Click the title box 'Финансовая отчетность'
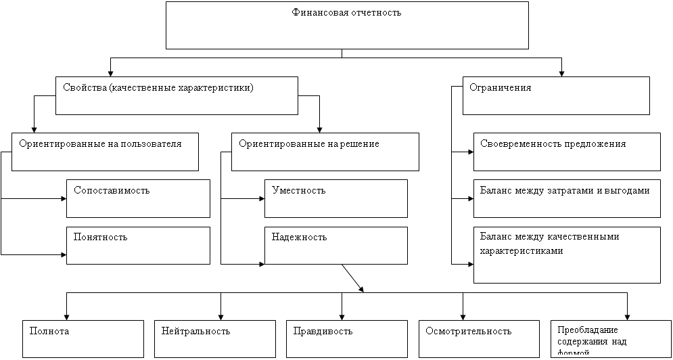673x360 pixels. tap(346, 26)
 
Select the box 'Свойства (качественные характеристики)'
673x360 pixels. tap(177, 95)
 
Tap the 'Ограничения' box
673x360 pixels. tap(556, 95)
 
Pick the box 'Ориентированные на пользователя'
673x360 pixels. tap(106, 152)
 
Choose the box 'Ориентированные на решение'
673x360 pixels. tap(325, 152)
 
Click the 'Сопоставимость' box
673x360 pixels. tap(138, 198)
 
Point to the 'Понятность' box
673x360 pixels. tap(138, 245)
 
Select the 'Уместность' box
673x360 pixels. tap(335, 198)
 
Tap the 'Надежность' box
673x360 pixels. tap(335, 245)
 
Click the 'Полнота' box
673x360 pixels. tap(83, 338)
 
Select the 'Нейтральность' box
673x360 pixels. tap(215, 338)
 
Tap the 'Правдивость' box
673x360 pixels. tap(346, 338)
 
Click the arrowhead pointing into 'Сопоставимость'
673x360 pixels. tap(62, 199)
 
